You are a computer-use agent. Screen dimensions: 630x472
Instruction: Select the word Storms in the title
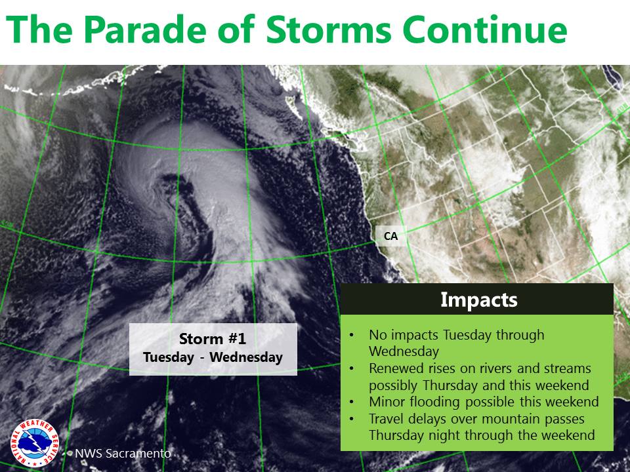coord(329,29)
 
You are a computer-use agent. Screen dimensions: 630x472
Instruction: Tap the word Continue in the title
coord(484,29)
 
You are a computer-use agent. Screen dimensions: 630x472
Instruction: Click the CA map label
coord(390,236)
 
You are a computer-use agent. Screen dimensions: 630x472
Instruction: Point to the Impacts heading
coord(479,300)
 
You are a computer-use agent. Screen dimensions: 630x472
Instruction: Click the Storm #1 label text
coord(213,339)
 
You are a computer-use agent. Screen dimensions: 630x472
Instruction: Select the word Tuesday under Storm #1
coord(169,357)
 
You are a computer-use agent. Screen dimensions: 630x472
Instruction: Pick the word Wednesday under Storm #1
coord(246,357)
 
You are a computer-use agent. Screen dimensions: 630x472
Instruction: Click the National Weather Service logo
coord(35,443)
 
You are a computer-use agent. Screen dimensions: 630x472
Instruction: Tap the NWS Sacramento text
coord(123,454)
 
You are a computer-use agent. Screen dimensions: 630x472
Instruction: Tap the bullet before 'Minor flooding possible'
coord(352,402)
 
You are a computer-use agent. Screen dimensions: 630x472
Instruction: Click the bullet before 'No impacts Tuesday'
coord(352,336)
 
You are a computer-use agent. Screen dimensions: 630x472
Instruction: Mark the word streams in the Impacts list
coord(568,368)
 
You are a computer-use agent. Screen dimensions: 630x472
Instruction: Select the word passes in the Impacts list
coord(564,420)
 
